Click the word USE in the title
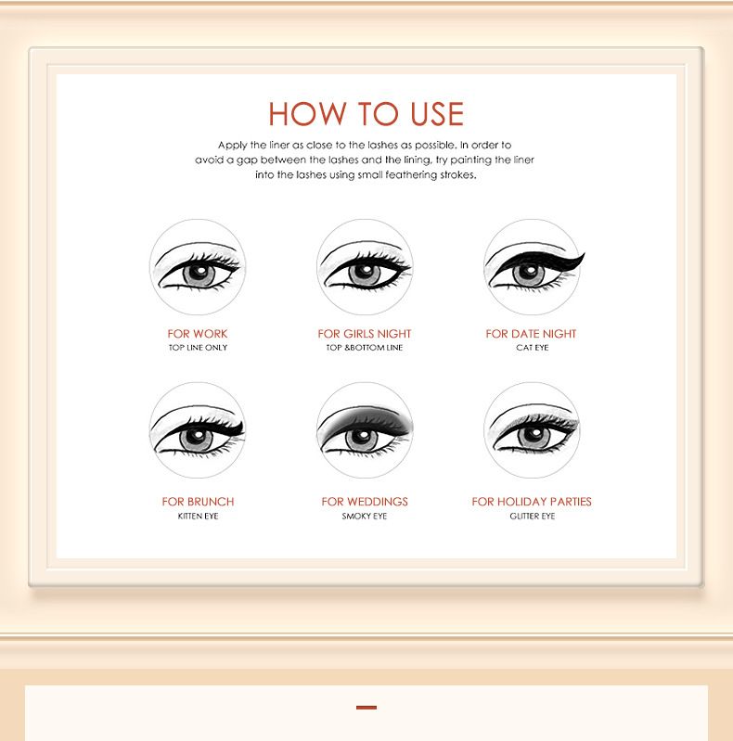(x=437, y=114)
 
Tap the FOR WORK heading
(x=198, y=334)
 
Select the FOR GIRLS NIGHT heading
(x=365, y=334)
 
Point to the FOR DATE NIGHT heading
(x=531, y=334)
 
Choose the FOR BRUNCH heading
(x=198, y=502)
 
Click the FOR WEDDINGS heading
(x=365, y=502)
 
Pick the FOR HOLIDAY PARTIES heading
(x=532, y=502)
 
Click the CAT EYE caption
(x=533, y=348)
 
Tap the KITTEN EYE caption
(x=199, y=516)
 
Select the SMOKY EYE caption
(x=365, y=516)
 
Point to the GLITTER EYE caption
(x=533, y=516)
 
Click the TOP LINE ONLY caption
(x=199, y=348)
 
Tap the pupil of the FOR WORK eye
(x=199, y=274)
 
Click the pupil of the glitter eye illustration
(x=534, y=435)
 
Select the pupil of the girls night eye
(x=365, y=274)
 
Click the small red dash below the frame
(x=366, y=708)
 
